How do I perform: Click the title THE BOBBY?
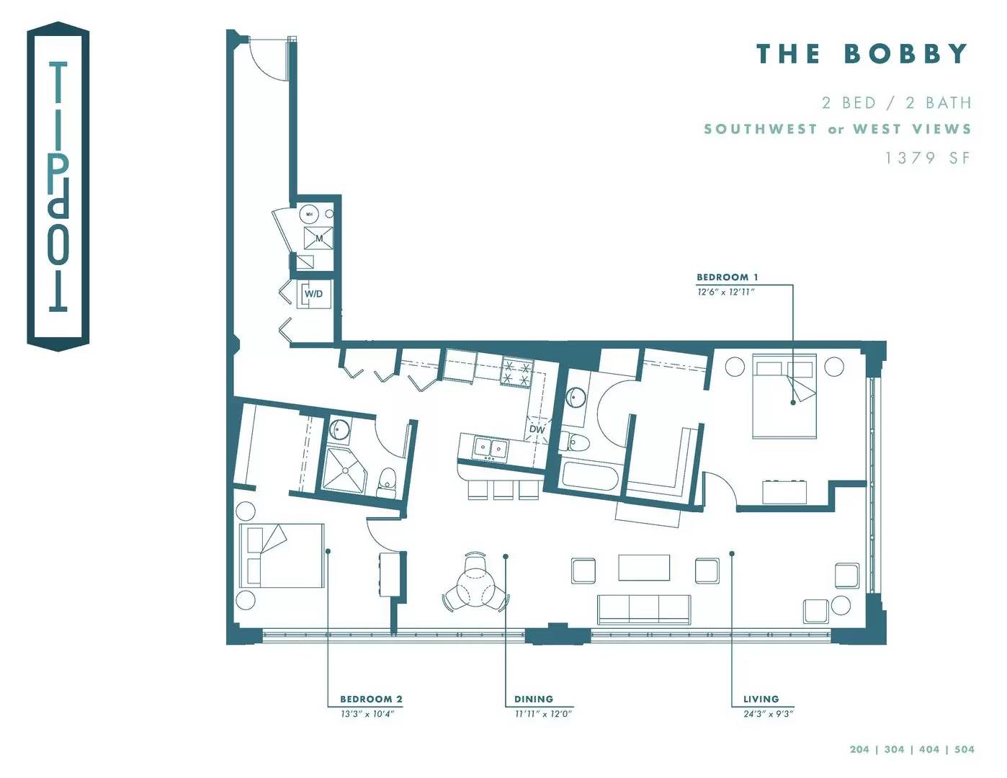point(862,53)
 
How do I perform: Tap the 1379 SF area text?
point(928,158)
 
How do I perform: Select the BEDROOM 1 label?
point(727,277)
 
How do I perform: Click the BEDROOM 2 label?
point(371,699)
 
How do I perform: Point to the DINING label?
point(533,699)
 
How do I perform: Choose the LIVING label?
point(761,699)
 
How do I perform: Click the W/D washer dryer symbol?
point(314,294)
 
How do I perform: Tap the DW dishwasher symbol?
point(537,429)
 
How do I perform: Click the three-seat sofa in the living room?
point(644,610)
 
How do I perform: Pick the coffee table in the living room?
point(644,568)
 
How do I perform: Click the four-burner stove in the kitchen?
point(516,372)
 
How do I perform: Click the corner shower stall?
point(344,470)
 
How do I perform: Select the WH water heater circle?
point(309,215)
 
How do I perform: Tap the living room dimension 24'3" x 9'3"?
point(768,714)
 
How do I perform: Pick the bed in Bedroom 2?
point(282,555)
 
